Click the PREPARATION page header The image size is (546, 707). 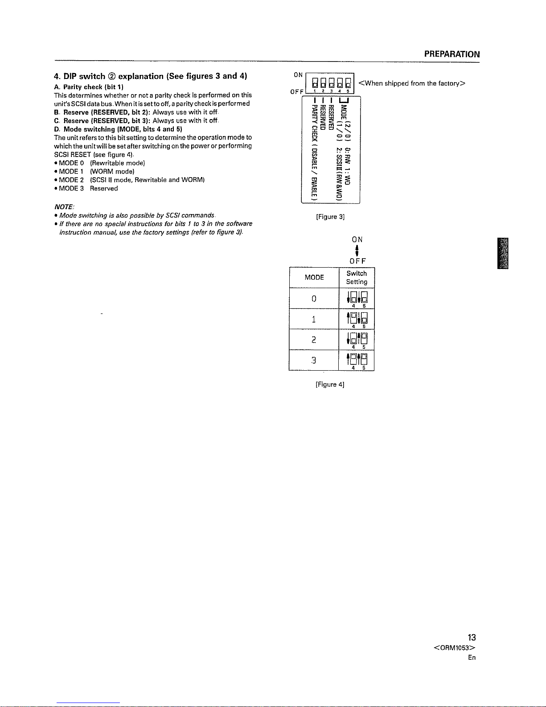[452, 54]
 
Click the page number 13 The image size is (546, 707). [472, 637]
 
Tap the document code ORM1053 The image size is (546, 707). [454, 648]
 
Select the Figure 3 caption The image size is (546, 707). [330, 217]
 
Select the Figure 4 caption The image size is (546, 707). [330, 384]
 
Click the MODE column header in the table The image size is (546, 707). [314, 277]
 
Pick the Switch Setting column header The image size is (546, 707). [357, 277]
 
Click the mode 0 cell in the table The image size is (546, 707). [314, 298]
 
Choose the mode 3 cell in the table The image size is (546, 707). [313, 360]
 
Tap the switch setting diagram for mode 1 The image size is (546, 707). [357, 320]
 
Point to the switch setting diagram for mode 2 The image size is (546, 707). [357, 340]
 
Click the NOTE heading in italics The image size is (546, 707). [64, 207]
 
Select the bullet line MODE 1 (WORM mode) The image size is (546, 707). [94, 171]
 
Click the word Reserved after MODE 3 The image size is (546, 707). [104, 188]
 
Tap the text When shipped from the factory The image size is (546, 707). [412, 83]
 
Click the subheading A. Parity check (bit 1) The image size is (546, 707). [89, 87]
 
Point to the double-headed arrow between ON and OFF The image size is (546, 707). [357, 251]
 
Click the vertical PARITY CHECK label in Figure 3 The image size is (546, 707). [314, 152]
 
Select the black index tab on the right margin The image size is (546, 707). [503, 253]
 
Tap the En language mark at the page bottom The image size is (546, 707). [472, 657]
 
